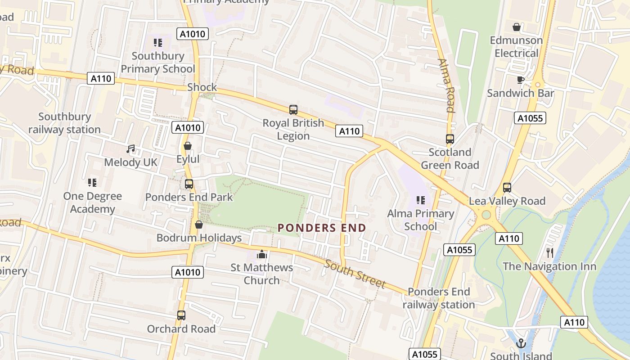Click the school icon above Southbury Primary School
pos(157,43)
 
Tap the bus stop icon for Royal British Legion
pos(293,110)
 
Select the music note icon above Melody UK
pos(130,148)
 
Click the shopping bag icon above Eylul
pos(188,146)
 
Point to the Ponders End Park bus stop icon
pos(189,184)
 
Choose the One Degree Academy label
pos(92,202)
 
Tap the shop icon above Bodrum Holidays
pos(199,225)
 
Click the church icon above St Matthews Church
pos(262,254)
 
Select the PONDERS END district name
pos(322,228)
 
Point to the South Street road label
pos(355,274)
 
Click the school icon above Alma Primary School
pos(421,200)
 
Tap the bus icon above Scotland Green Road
pos(450,139)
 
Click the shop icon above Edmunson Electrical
pos(516,27)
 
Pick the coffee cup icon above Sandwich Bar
pos(520,80)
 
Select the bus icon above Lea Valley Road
pos(507,188)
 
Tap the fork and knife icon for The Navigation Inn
pos(549,252)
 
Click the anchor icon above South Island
pos(521,343)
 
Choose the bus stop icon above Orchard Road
pos(181,315)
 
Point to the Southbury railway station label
pos(64,123)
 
